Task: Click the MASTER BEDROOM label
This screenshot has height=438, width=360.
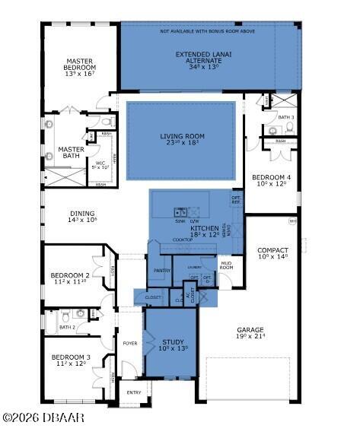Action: [x=79, y=66]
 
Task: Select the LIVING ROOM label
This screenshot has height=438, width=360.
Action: [x=182, y=141]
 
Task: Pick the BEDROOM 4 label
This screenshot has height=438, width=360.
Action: [x=271, y=181]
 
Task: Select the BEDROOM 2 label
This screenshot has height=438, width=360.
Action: [x=70, y=278]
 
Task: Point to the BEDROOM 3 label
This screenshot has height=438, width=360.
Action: [x=70, y=360]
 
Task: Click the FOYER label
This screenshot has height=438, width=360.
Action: [x=130, y=343]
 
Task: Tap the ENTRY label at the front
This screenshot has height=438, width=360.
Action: [x=134, y=392]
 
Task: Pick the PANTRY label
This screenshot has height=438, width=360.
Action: [x=161, y=270]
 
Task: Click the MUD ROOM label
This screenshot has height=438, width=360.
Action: [x=227, y=266]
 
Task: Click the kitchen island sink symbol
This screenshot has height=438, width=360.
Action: [x=180, y=212]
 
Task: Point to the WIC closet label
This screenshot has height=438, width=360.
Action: [x=100, y=163]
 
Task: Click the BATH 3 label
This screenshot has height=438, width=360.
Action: [x=285, y=116]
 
